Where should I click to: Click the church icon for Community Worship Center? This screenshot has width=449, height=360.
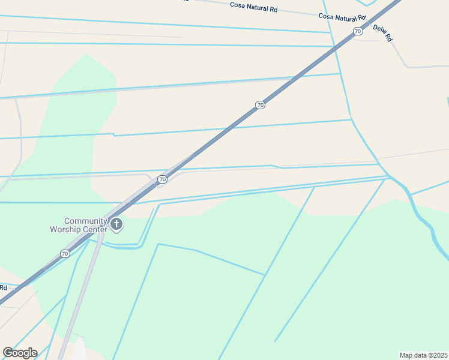pos(116,225)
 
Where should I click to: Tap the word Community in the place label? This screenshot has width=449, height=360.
pos(86,221)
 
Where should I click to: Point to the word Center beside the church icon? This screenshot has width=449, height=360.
pos(95,229)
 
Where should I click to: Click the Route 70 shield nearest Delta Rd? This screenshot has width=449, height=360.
pos(358,31)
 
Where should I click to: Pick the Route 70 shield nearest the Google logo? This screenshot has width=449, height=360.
pos(64,254)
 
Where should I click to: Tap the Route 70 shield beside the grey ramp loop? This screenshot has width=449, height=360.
pos(162,179)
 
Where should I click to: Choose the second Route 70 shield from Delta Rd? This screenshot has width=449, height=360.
pos(260,105)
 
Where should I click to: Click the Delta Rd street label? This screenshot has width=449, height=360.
pos(382,32)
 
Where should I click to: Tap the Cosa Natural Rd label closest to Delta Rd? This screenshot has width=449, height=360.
pos(342,17)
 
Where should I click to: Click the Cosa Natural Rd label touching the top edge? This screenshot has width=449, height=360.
pos(254,7)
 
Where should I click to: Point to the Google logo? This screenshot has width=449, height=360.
pos(20,353)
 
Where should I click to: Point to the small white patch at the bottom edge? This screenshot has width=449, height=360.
pos(79,350)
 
